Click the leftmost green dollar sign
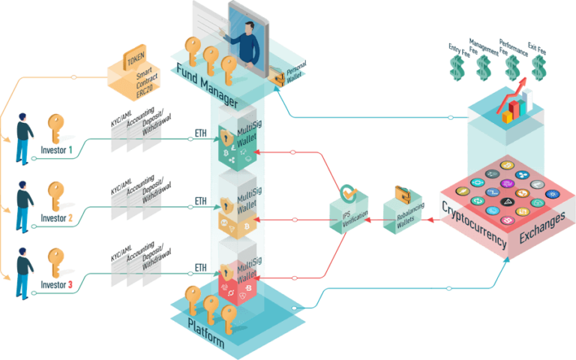pos(456,67)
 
